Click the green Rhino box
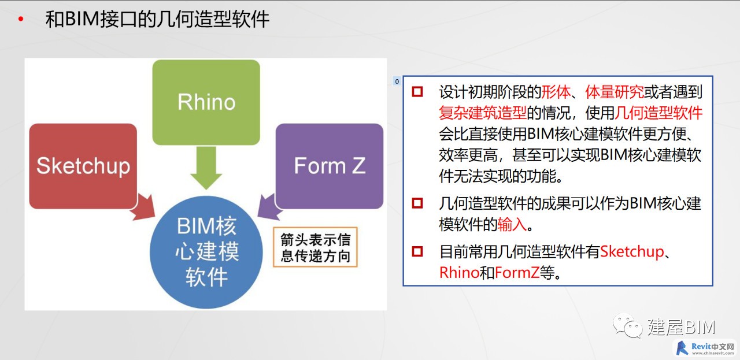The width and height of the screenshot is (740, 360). pyautogui.click(x=206, y=102)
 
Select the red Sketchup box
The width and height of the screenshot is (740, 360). pyautogui.click(x=83, y=166)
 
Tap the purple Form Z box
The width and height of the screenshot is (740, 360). pyautogui.click(x=330, y=166)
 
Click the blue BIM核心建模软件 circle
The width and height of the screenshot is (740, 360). pyautogui.click(x=206, y=253)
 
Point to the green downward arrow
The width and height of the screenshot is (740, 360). pyautogui.click(x=206, y=168)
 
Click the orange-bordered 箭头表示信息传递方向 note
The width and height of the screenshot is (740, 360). pyautogui.click(x=315, y=247)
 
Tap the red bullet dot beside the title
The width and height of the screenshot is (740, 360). pyautogui.click(x=21, y=19)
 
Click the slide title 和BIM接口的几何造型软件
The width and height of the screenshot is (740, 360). pyautogui.click(x=157, y=19)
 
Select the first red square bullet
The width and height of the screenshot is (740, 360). pyautogui.click(x=417, y=91)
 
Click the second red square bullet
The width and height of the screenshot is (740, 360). pyautogui.click(x=417, y=203)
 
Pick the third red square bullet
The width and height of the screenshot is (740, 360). pyautogui.click(x=417, y=251)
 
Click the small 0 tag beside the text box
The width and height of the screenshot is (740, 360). pyautogui.click(x=397, y=81)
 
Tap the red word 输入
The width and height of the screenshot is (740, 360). pyautogui.click(x=512, y=225)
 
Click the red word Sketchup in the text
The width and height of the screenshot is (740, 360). pyautogui.click(x=632, y=252)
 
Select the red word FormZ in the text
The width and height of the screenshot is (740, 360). pyautogui.click(x=517, y=273)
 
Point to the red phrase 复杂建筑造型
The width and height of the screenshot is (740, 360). pyautogui.click(x=483, y=113)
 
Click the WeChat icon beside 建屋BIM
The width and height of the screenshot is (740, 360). pyautogui.click(x=627, y=326)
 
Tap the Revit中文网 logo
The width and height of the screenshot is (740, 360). pyautogui.click(x=705, y=348)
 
